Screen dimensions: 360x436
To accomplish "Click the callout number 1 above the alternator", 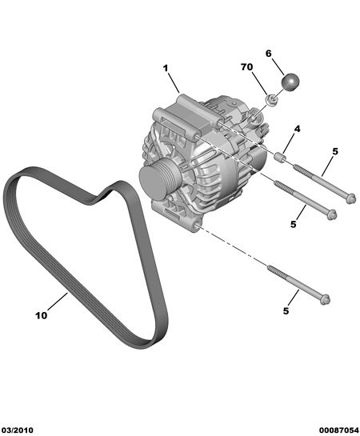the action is coord(166,68).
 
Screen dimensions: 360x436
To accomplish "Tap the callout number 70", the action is coord(247,67).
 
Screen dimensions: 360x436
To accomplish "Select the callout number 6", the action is coord(268,54).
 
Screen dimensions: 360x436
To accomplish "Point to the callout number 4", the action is coord(297,129).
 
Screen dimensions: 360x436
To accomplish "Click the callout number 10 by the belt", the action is coord(41,315).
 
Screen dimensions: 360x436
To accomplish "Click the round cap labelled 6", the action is coord(290,82).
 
